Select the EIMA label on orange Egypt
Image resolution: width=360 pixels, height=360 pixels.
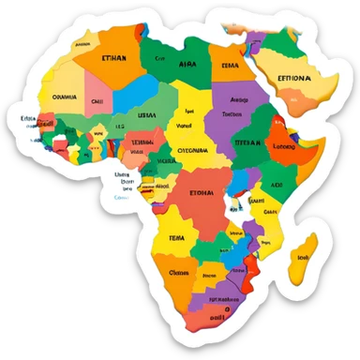[230, 66]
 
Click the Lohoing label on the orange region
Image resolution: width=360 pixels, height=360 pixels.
[282, 146]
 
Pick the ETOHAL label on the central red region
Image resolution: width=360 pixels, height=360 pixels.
[202, 192]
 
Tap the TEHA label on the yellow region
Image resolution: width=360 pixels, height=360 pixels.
[176, 239]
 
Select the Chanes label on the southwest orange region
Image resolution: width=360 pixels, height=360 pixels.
[178, 273]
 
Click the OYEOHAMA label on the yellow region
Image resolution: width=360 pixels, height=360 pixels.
[192, 149]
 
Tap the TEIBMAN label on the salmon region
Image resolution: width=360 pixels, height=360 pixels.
[142, 143]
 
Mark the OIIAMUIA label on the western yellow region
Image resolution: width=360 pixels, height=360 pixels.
[65, 96]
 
